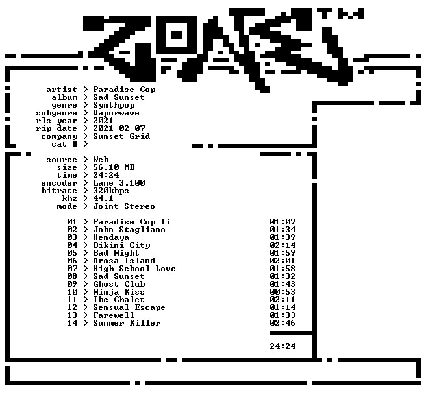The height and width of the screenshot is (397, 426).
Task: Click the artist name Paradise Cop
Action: click(x=124, y=90)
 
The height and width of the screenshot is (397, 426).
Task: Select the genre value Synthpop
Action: click(x=114, y=105)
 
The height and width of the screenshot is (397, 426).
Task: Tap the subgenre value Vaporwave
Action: click(x=116, y=113)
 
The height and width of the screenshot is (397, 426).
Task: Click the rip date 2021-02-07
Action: click(x=119, y=128)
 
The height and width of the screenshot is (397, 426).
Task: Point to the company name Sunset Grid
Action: click(x=121, y=136)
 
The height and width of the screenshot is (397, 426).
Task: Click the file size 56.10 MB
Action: click(x=114, y=167)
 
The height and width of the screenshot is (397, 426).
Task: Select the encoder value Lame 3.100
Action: click(x=119, y=183)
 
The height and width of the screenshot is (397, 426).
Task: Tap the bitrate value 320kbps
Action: click(x=111, y=191)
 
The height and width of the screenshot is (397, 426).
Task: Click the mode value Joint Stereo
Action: click(x=124, y=206)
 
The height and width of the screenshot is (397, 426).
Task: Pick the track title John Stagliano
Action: click(x=129, y=230)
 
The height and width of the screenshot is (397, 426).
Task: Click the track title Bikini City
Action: click(x=121, y=245)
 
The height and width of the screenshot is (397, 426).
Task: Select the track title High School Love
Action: click(x=134, y=269)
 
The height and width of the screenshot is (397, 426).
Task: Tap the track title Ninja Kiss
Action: click(x=119, y=292)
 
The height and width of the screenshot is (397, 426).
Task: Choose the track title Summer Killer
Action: click(x=127, y=323)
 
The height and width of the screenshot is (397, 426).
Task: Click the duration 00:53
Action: click(x=282, y=292)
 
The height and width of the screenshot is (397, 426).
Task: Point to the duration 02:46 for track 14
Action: click(x=282, y=323)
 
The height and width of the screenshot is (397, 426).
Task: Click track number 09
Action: click(x=72, y=284)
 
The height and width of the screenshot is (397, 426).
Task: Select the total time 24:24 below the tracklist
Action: click(x=282, y=346)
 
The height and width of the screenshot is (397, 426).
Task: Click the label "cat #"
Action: click(x=64, y=144)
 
